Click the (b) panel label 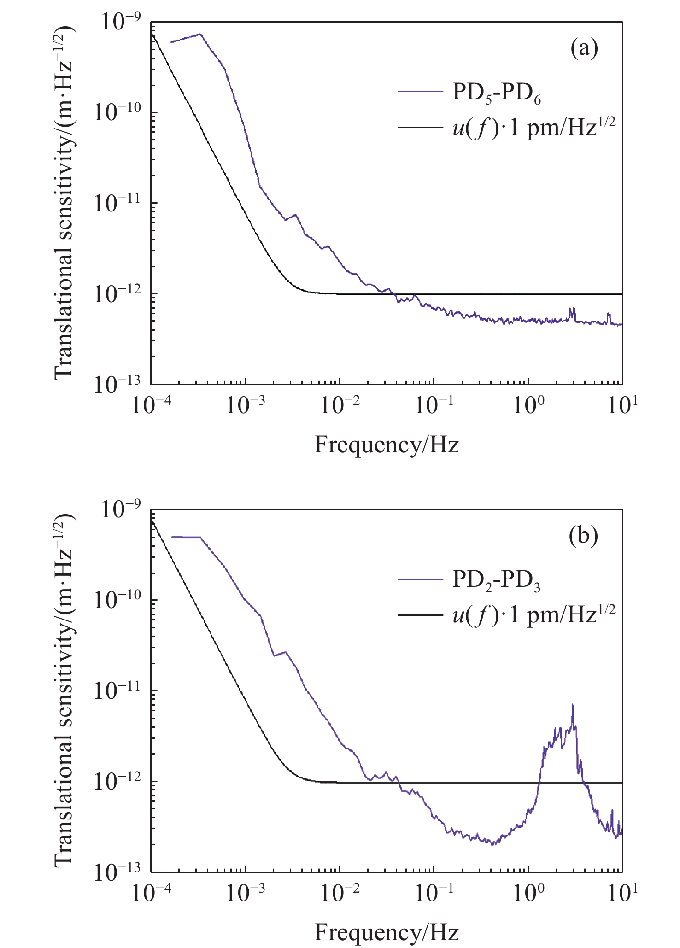[x=584, y=535]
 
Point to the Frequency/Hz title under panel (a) [x=387, y=445]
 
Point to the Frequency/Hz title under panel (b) [x=387, y=932]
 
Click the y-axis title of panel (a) [x=64, y=203]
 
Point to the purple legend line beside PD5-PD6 [x=420, y=92]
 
